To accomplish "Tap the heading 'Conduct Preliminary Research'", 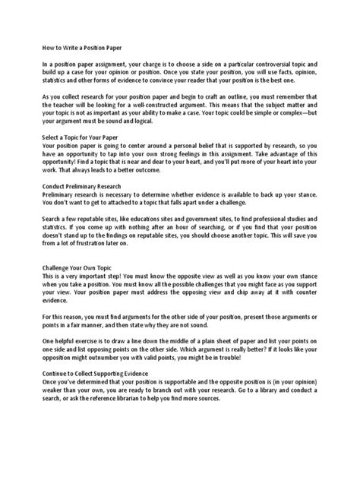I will click(x=82, y=185).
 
